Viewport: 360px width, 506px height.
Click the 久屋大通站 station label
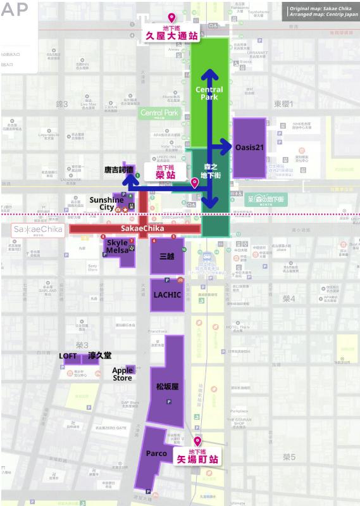(x=171, y=36)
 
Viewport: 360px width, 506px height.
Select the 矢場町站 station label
(x=196, y=459)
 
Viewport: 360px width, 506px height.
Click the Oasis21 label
(x=249, y=147)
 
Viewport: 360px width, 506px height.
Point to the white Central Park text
(x=209, y=94)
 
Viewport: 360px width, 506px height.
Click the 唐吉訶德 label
(x=119, y=170)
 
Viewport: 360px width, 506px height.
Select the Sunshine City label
(x=106, y=203)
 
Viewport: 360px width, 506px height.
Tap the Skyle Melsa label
(x=117, y=246)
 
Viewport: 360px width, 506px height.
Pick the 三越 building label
(x=167, y=256)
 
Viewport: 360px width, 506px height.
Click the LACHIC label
(x=167, y=294)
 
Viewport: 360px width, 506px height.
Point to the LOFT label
(x=68, y=356)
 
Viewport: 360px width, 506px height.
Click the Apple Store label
(x=123, y=374)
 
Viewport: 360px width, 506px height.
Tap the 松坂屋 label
(x=168, y=386)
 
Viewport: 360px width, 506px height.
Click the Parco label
(x=156, y=453)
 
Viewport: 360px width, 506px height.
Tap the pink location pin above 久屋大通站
(x=171, y=18)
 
